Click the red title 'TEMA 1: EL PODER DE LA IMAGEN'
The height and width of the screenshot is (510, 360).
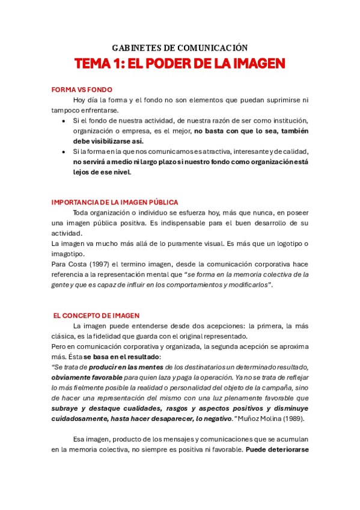(x=180, y=64)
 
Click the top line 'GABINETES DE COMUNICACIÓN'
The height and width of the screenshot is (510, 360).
(x=180, y=48)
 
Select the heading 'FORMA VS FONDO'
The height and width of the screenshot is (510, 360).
(x=82, y=90)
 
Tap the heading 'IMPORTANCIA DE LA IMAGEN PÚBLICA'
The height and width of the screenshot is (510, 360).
(x=115, y=203)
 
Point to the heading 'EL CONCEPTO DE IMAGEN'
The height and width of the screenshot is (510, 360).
(x=96, y=315)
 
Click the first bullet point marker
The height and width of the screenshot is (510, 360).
(x=64, y=121)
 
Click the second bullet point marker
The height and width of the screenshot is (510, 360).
(x=64, y=152)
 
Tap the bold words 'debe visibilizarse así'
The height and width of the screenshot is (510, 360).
(x=103, y=141)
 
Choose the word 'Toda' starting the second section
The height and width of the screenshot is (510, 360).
(x=82, y=213)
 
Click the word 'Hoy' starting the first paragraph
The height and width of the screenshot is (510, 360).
(x=80, y=100)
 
